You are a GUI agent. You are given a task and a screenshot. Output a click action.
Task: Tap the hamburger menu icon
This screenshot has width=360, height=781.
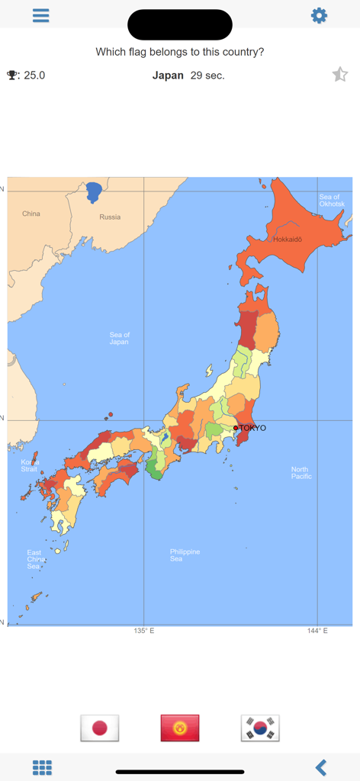pos(41,16)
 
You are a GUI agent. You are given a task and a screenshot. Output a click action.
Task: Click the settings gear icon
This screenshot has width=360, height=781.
pos(319,16)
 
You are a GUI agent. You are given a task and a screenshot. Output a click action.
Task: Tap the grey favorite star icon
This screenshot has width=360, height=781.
pos(339,75)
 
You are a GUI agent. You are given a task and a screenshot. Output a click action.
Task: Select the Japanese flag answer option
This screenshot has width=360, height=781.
pos(100,728)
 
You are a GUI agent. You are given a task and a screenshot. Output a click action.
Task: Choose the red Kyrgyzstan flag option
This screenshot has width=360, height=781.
pos(180,728)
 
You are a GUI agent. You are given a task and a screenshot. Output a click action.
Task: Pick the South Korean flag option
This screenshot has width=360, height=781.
pos(260,728)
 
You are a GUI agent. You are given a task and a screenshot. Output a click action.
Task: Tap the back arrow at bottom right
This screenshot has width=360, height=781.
pos(321,767)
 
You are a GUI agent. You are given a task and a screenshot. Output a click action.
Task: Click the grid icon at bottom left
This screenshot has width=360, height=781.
pos(42,767)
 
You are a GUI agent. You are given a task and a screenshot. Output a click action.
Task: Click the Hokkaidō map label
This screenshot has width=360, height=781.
pos(288,239)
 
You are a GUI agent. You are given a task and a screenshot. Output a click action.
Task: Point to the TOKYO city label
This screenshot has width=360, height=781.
pos(252,428)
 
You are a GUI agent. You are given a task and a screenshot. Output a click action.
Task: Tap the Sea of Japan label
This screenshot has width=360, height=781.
pos(119,339)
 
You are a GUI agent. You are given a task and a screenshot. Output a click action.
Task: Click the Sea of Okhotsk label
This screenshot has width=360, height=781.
pos(332,201)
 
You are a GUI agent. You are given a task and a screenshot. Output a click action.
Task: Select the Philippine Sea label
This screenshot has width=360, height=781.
pos(185,555)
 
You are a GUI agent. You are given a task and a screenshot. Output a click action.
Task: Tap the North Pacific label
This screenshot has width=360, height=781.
pos(301,473)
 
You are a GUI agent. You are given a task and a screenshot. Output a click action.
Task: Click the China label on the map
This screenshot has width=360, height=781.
pos(31,214)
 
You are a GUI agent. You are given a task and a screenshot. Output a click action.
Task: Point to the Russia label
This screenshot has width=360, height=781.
pos(110,217)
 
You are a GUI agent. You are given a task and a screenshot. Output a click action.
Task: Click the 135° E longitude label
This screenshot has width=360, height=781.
pos(143,632)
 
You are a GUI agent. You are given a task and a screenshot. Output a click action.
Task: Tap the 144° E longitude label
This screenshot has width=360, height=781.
pos(318,632)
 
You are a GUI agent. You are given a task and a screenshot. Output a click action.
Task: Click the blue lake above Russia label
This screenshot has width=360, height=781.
pos(94,191)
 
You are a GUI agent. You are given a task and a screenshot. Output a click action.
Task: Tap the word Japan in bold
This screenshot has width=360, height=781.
pos(168,76)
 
